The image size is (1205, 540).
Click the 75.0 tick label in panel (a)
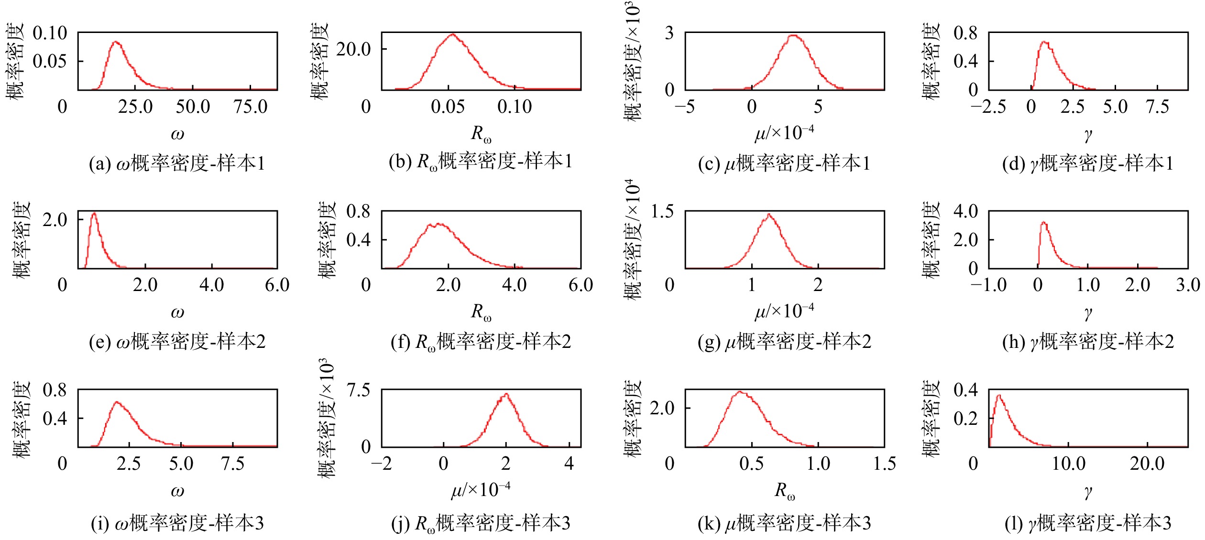(x=250, y=107)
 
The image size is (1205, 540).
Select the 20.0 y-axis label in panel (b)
(x=353, y=49)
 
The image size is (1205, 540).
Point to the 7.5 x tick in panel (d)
(x=1157, y=107)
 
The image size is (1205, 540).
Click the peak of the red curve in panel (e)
(x=94, y=213)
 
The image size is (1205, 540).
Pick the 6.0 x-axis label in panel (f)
(x=581, y=285)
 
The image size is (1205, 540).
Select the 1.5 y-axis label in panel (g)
(x=662, y=211)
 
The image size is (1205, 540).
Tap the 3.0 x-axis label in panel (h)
(x=1188, y=285)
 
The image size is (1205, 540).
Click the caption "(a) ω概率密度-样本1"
(x=177, y=163)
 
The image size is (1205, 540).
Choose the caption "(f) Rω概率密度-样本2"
(x=481, y=342)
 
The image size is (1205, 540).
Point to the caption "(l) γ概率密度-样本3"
(x=1088, y=523)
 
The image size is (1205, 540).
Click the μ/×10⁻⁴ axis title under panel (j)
(x=481, y=490)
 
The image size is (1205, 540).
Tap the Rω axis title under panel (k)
(x=785, y=491)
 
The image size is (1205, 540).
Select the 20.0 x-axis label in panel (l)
(x=1147, y=464)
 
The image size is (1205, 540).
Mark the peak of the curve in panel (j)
(x=506, y=394)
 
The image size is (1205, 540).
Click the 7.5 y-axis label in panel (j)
(x=359, y=390)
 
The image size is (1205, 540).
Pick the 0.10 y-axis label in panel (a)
(x=50, y=33)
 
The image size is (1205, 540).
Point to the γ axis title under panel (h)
(x=1088, y=313)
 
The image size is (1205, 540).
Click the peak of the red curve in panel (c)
(x=793, y=35)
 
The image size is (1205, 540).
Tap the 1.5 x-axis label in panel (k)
(x=884, y=464)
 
